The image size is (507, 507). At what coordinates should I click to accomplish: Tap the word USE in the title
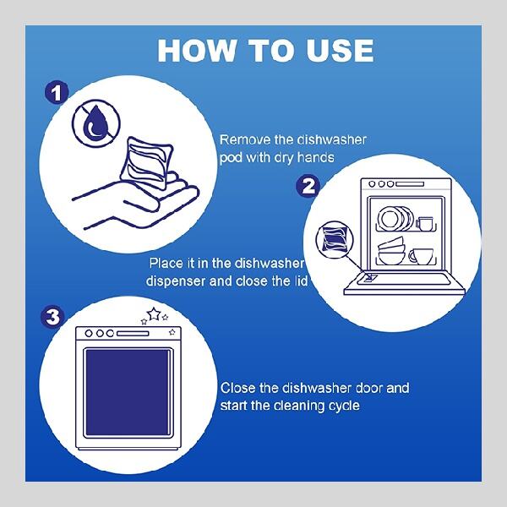pos(341,51)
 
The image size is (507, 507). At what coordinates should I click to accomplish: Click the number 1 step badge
pos(57,93)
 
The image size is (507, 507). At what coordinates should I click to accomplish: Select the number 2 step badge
pos(308,186)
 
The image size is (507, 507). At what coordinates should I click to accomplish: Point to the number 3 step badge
pos(52,317)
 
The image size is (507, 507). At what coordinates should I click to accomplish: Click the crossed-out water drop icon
pos(96,123)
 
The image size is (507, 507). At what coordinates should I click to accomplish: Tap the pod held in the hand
pos(147,163)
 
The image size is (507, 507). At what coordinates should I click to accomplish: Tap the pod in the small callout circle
pos(335,240)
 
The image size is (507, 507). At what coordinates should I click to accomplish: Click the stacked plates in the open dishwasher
pos(395,218)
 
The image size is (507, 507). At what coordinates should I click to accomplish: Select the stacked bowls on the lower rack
pos(391,251)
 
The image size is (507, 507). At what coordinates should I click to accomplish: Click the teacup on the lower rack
pos(421,256)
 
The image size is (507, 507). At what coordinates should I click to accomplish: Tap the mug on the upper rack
pos(424,224)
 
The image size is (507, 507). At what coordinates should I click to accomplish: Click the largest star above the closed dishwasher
pos(154,314)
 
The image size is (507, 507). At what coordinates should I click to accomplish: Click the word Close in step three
pos(237,388)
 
